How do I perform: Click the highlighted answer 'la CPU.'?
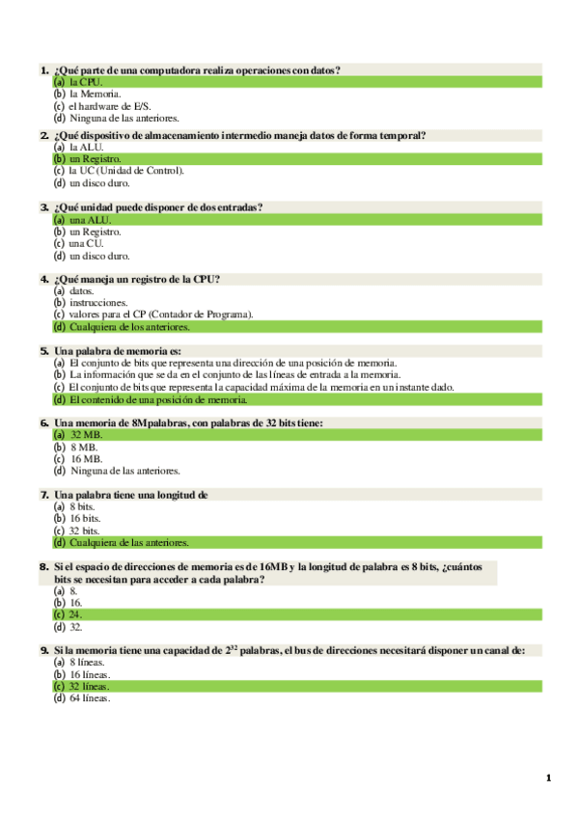click(85, 83)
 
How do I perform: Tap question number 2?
click(44, 135)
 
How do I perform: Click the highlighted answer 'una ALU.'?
click(90, 220)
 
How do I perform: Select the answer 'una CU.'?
click(86, 243)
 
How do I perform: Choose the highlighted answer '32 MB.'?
click(86, 435)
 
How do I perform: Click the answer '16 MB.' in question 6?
click(85, 458)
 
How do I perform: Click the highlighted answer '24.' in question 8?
click(75, 613)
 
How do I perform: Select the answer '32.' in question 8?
click(75, 626)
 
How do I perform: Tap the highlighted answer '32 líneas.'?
click(89, 686)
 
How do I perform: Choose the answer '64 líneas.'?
click(90, 697)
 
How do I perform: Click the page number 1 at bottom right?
click(548, 778)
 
